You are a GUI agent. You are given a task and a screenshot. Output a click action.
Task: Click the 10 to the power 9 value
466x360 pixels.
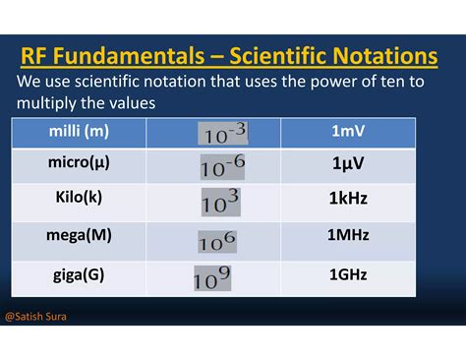tap(213, 279)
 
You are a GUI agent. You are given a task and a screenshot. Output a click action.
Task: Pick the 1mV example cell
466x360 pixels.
tap(348, 131)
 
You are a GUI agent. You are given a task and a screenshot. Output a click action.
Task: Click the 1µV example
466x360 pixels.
tap(348, 164)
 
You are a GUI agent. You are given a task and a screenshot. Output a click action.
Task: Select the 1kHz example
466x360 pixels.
tap(348, 200)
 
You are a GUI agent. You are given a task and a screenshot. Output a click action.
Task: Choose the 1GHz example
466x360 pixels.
tap(348, 275)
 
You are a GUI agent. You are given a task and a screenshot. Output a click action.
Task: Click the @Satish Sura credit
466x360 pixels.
tap(37, 318)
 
